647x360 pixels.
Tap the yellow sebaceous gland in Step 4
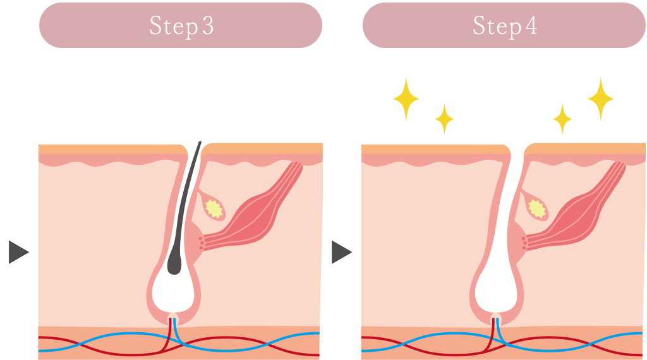coord(538,208)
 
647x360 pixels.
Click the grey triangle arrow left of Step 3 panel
coord(18,252)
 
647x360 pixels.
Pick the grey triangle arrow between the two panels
coord(341,252)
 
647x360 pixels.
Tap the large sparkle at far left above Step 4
coord(406,99)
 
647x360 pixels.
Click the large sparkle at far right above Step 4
coord(600,99)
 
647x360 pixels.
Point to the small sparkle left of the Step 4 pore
coord(444,118)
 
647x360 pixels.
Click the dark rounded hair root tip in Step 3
coord(174,265)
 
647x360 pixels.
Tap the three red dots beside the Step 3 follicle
coord(202,243)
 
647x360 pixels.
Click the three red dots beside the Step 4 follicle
coord(524,243)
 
